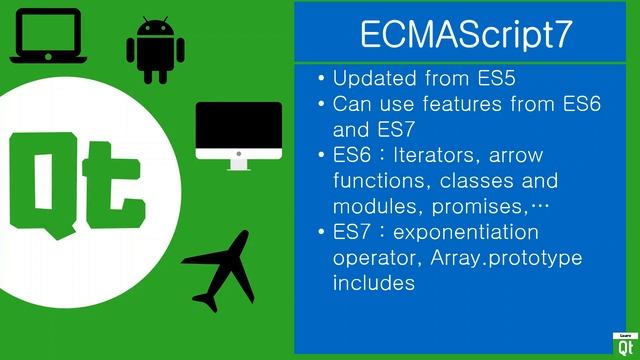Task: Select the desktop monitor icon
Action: point(238,133)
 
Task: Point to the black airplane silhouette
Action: point(222,270)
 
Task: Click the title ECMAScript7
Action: point(466,34)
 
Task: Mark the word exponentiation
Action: point(468,232)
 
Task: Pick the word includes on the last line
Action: point(373,284)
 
